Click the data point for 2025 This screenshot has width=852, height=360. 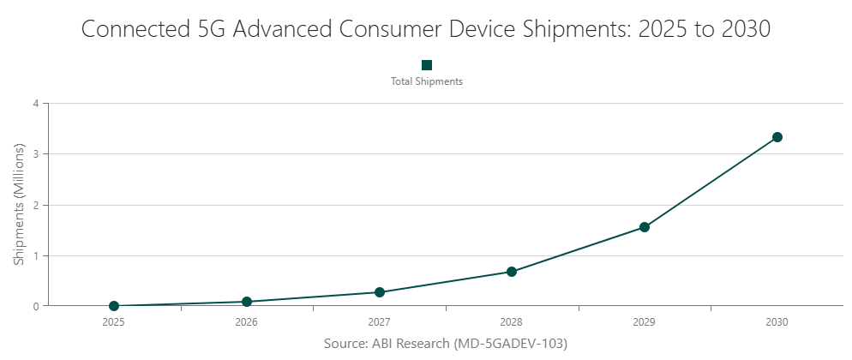[x=114, y=306]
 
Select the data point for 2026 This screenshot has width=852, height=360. [x=247, y=302]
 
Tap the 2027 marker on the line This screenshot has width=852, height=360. [x=380, y=292]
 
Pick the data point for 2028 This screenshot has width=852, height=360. [x=512, y=272]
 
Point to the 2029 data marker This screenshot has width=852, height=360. [x=645, y=227]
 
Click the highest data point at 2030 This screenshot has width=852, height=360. [x=777, y=137]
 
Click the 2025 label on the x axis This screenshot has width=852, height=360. [x=114, y=323]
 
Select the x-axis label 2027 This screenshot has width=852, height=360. [x=380, y=323]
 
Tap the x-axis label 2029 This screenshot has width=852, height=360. [x=645, y=323]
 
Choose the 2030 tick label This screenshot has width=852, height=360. [x=777, y=323]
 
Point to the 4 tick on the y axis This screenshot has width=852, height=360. [x=36, y=104]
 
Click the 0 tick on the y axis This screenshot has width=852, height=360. [x=36, y=306]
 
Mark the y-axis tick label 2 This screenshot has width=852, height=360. [x=36, y=205]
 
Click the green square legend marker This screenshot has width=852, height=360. [x=427, y=65]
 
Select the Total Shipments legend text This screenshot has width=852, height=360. [x=427, y=81]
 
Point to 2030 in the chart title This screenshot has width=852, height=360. [x=743, y=28]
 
